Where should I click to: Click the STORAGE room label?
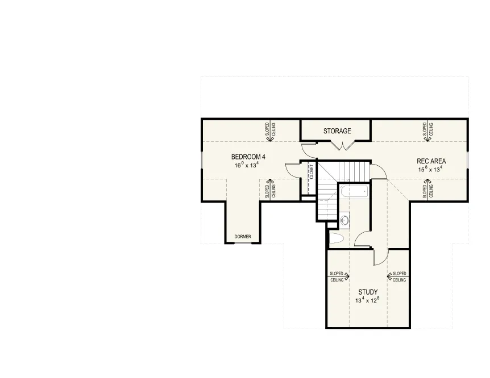point(337,131)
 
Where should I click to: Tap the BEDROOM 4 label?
point(248,157)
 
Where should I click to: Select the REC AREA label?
point(431,161)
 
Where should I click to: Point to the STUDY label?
point(368,292)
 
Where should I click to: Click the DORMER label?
point(243,237)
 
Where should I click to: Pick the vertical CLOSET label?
point(312,171)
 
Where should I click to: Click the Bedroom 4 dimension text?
point(247,165)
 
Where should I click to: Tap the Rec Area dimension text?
point(430,170)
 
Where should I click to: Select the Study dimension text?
point(367,300)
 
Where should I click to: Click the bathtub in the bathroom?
point(355,191)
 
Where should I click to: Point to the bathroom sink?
point(344,220)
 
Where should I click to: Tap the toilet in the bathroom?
point(337,239)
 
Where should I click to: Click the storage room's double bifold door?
point(343,145)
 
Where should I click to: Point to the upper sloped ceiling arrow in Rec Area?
point(427,131)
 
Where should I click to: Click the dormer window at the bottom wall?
point(243,243)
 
